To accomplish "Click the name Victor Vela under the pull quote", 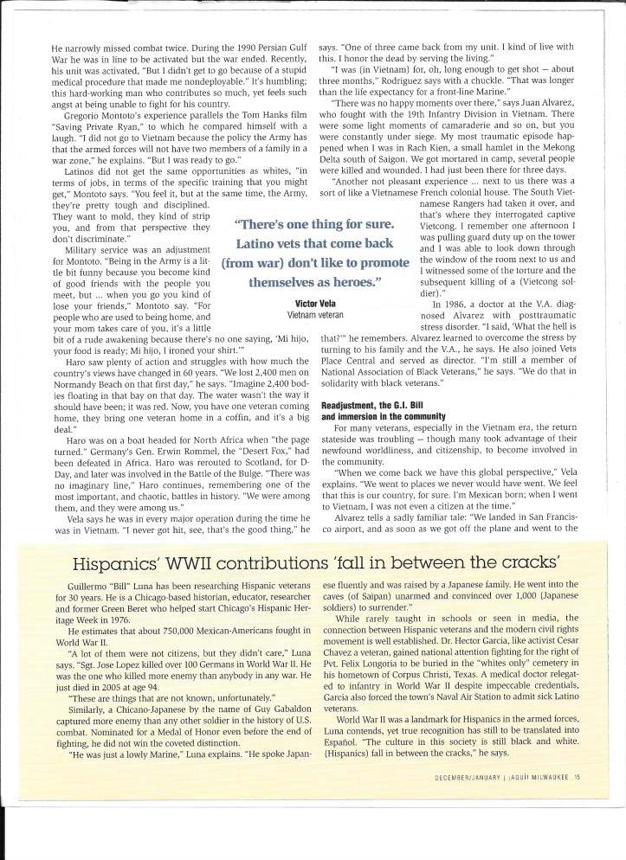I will tap(314, 304).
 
